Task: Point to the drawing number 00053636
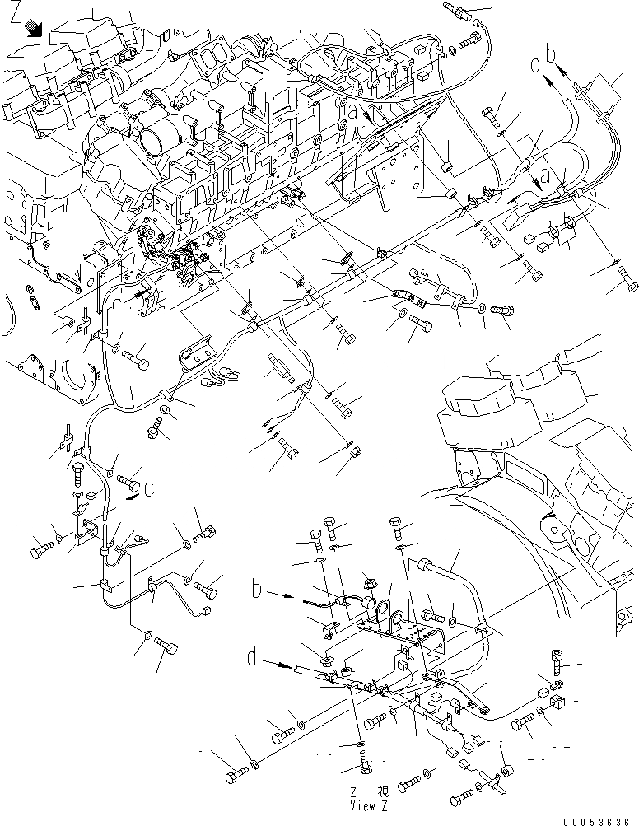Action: pyautogui.click(x=600, y=819)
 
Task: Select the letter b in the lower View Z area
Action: pyautogui.click(x=259, y=590)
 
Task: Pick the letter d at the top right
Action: pyautogui.click(x=536, y=63)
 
